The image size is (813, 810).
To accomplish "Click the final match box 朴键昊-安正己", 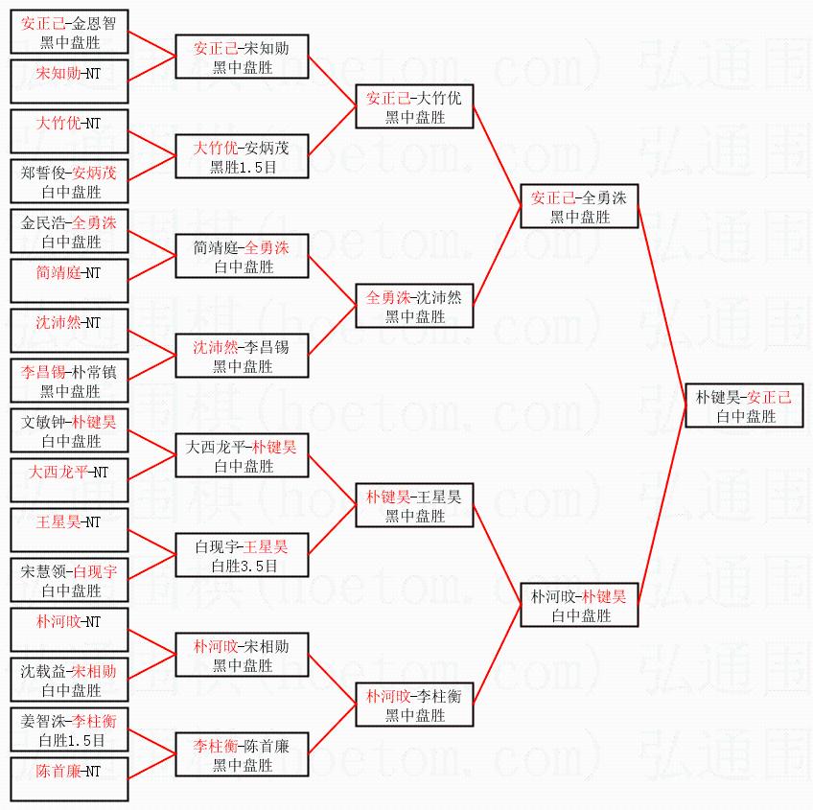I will [744, 406].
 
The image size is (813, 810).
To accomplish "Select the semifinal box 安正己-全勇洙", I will [578, 207].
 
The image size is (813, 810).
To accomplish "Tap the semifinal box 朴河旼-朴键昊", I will [578, 606].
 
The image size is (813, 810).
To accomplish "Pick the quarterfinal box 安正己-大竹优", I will [414, 107].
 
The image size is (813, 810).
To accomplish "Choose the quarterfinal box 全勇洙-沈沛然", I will [414, 307].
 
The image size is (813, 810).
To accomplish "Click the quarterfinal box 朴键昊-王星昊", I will [414, 506].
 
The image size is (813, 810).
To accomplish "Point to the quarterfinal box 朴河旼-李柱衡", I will [414, 706].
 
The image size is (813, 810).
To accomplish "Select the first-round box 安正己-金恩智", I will [70, 33].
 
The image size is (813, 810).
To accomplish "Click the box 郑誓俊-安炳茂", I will [70, 182].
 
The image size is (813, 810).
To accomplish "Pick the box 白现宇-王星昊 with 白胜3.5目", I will [242, 556].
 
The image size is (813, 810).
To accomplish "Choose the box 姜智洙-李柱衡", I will [70, 730].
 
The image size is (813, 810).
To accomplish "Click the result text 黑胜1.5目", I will [242, 168].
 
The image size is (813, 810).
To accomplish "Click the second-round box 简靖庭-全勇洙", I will [242, 257].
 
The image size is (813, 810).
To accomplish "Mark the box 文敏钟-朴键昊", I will [70, 431].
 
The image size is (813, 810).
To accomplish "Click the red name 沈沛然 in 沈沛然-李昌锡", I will [211, 346].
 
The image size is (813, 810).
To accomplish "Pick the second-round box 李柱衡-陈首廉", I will [242, 755].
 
